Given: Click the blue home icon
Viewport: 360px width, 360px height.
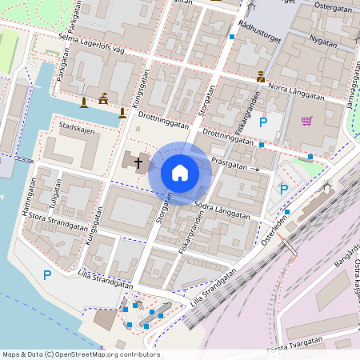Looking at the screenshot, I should (180, 172).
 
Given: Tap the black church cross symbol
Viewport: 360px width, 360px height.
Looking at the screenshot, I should (138, 163).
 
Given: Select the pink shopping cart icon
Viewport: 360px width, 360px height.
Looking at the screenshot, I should (306, 121).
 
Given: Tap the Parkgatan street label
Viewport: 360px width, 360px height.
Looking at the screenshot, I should (62, 67).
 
